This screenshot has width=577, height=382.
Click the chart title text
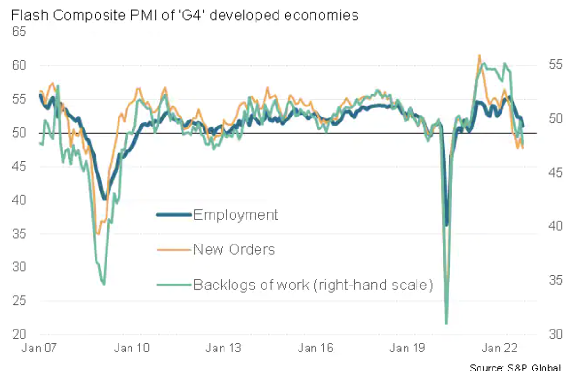pos(184,15)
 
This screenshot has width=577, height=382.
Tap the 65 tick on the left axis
pos(19,32)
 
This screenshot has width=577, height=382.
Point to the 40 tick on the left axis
pos(19,200)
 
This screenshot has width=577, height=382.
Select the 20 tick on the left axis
pos(19,334)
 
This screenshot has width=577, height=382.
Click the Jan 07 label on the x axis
pos(37,348)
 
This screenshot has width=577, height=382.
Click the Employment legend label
pos(235,214)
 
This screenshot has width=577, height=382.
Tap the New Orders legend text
pos(234,249)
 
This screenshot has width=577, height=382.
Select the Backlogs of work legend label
pos(313,285)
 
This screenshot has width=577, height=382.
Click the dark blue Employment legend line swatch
pos(174,214)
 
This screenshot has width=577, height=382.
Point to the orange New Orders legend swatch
pos(174,250)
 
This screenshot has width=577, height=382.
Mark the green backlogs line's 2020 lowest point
pos(446,324)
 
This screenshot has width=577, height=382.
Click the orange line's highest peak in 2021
pos(479,55)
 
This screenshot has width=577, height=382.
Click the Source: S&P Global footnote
pos(515,368)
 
